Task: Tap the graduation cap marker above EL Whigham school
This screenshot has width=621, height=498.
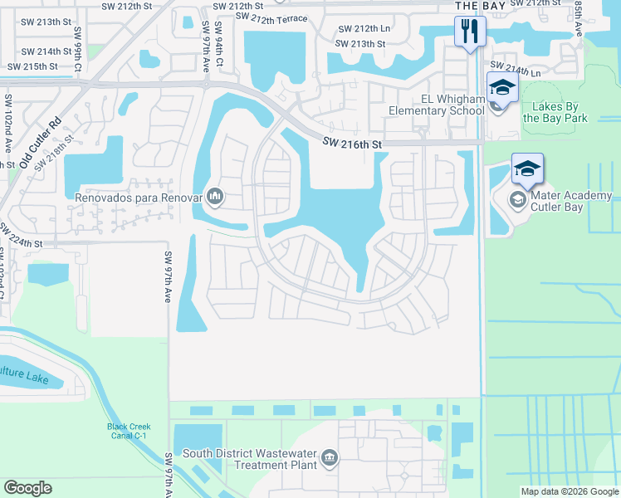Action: point(501,86)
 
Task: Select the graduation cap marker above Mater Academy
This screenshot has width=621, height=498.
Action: point(527,168)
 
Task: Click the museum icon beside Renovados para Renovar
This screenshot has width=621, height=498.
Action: point(215,196)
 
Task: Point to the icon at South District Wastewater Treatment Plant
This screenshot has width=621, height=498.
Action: point(330,458)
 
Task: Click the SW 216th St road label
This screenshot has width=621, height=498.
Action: point(352,144)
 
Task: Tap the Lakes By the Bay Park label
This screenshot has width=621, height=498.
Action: point(555,112)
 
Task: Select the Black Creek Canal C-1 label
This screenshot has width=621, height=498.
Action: point(130,432)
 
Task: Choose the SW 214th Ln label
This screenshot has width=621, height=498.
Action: point(515,69)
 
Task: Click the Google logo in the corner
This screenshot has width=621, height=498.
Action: point(27,487)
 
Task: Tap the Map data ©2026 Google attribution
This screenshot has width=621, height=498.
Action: point(570,491)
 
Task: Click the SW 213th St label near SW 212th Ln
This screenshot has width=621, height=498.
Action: point(360,44)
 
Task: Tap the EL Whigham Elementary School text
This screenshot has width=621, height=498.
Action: point(437,104)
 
